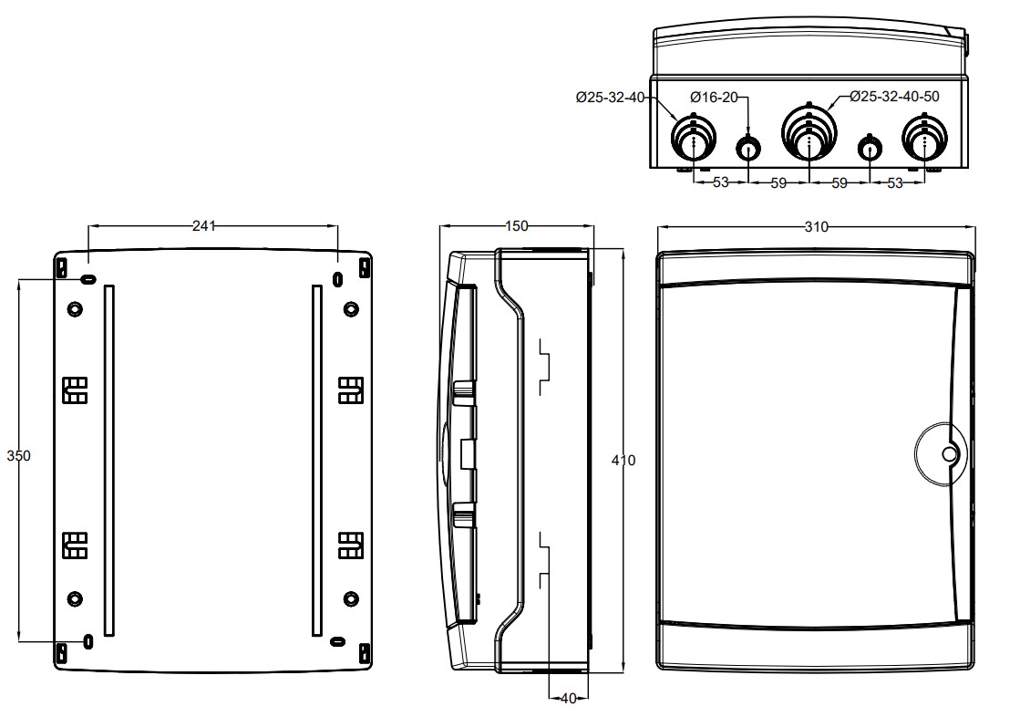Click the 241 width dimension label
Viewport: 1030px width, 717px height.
click(204, 227)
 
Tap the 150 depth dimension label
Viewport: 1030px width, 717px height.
click(516, 227)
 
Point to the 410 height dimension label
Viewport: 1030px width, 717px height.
click(623, 461)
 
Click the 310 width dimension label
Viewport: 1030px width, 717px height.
click(816, 227)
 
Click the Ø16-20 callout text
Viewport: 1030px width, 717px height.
click(713, 97)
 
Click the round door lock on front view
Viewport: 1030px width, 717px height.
click(949, 453)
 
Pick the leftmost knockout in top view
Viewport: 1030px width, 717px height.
click(694, 141)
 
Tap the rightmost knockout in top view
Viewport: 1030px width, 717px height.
click(924, 141)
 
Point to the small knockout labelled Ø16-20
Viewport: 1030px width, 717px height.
click(749, 146)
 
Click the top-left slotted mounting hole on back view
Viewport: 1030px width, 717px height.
click(88, 278)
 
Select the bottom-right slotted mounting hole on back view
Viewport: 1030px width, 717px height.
click(337, 641)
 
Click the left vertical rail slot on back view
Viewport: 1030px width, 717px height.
click(109, 460)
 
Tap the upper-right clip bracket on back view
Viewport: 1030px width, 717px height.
click(350, 390)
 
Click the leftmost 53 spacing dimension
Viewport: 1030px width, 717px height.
click(720, 182)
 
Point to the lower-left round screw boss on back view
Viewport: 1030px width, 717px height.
click(75, 598)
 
